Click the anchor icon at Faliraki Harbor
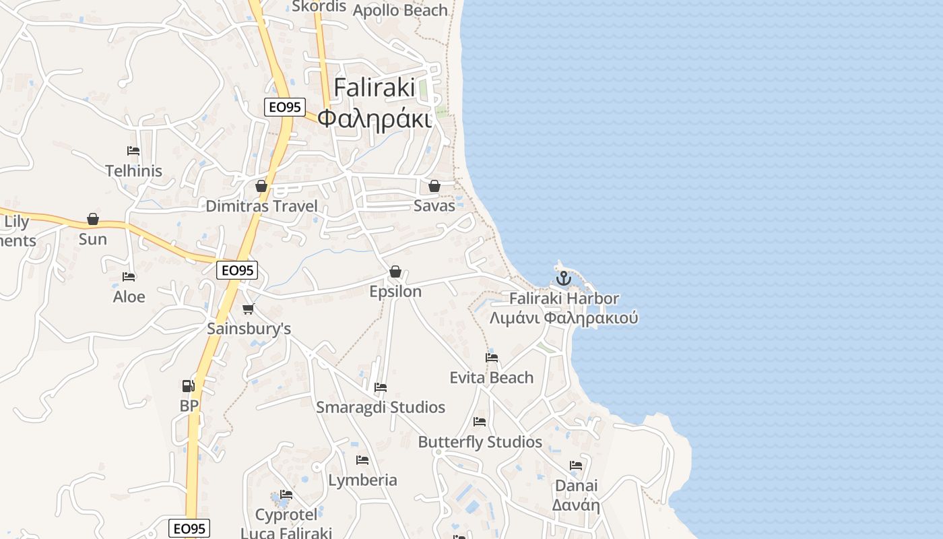coord(563,278)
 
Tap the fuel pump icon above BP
coord(188,386)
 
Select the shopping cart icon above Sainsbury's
coord(249,309)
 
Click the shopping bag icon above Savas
coord(434,186)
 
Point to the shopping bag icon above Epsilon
coord(395,272)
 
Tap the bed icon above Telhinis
coord(133,151)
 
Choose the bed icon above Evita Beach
coord(492,358)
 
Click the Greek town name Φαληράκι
coord(374,119)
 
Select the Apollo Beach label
coord(400,10)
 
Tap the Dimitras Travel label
coord(261,206)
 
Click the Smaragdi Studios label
coord(381,407)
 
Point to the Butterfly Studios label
coord(480,442)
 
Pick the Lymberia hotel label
coord(362,480)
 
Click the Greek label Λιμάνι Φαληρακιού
coord(563,317)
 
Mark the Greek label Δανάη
coord(576,505)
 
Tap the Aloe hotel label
coord(129,296)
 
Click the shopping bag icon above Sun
coord(93,220)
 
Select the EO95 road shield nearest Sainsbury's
coord(238,270)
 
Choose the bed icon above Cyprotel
coord(286,495)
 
